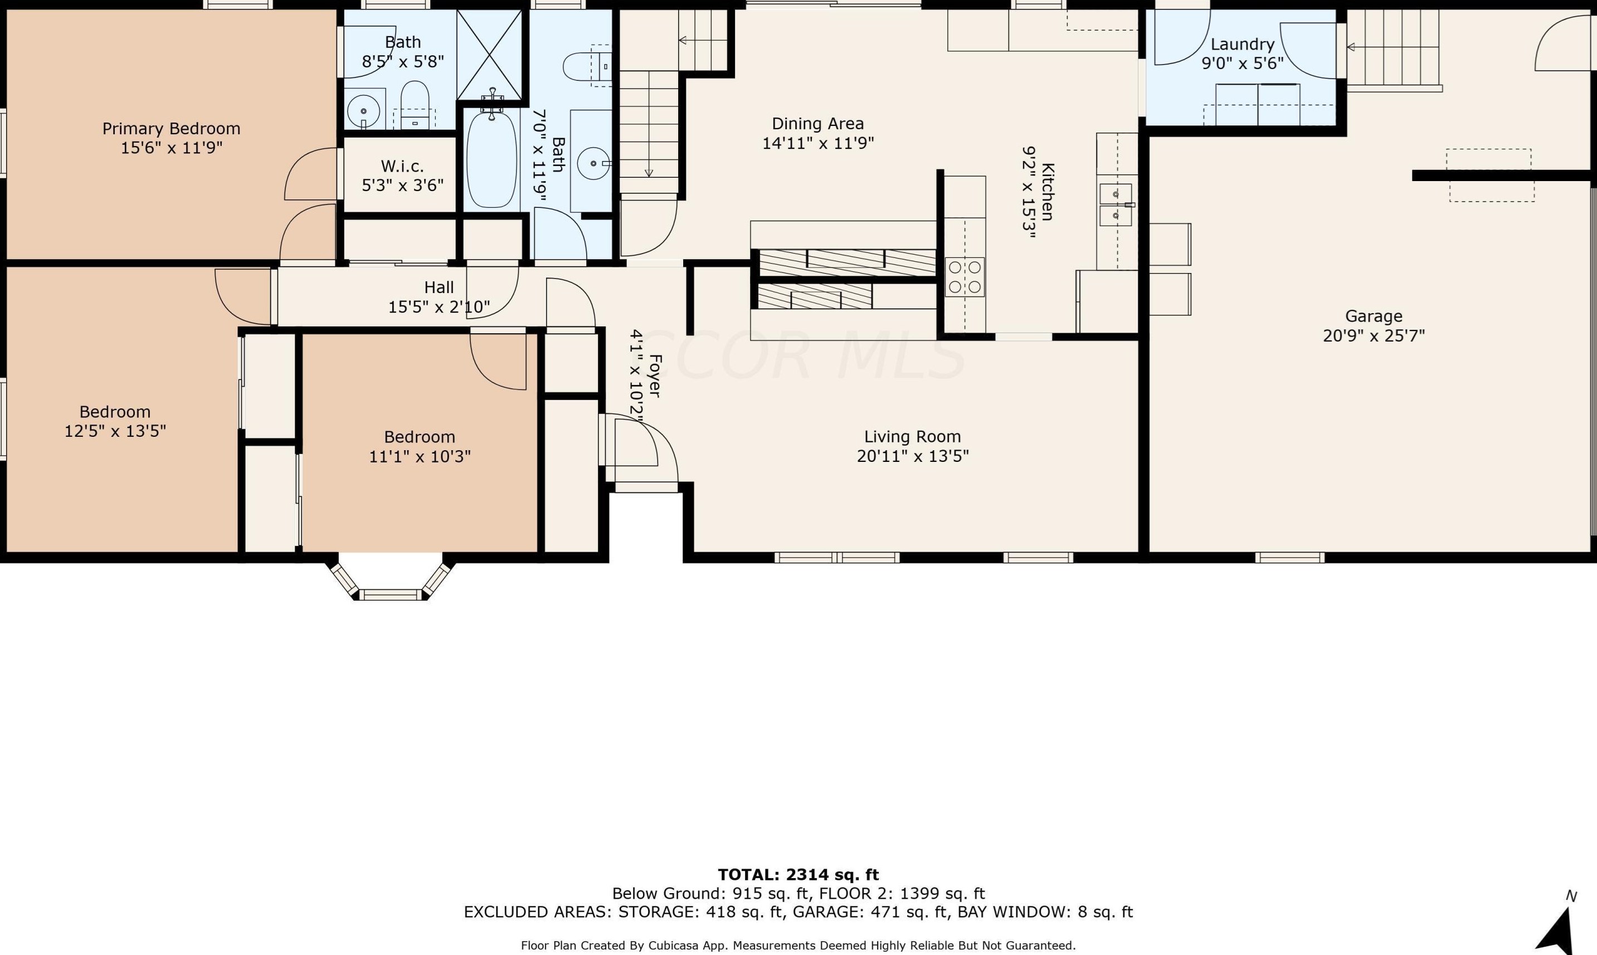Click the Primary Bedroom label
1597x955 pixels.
[171, 129]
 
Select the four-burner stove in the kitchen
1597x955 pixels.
[965, 277]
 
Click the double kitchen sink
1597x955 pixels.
[1116, 204]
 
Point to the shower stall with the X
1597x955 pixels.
[490, 55]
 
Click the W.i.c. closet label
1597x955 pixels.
[402, 166]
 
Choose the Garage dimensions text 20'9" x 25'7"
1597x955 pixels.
[1374, 336]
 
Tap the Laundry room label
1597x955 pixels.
[1243, 45]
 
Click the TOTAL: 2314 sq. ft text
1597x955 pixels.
[798, 875]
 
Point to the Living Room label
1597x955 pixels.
[912, 437]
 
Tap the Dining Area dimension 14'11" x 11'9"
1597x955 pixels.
[818, 143]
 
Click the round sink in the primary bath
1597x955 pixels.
[363, 111]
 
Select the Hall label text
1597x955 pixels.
[439, 287]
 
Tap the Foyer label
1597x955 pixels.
[655, 376]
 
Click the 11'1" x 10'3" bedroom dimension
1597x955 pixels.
[420, 457]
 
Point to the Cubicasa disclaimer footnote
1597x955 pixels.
[798, 946]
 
